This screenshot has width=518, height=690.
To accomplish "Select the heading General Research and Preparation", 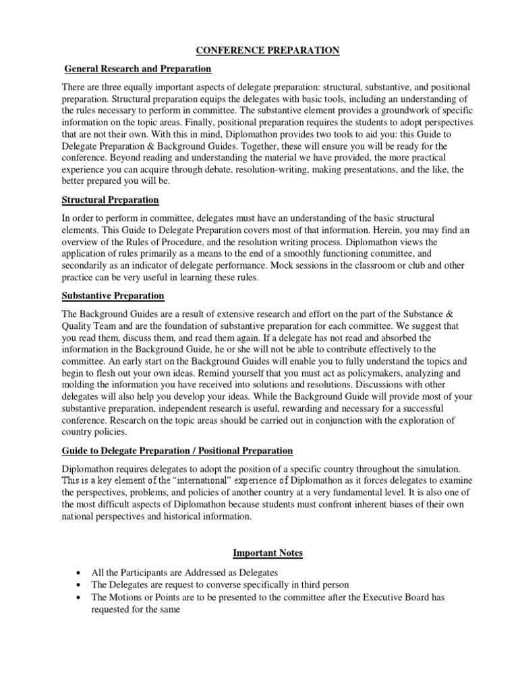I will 138,69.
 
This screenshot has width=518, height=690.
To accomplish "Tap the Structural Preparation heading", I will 110,200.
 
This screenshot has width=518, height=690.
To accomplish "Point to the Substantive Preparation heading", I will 113,296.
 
